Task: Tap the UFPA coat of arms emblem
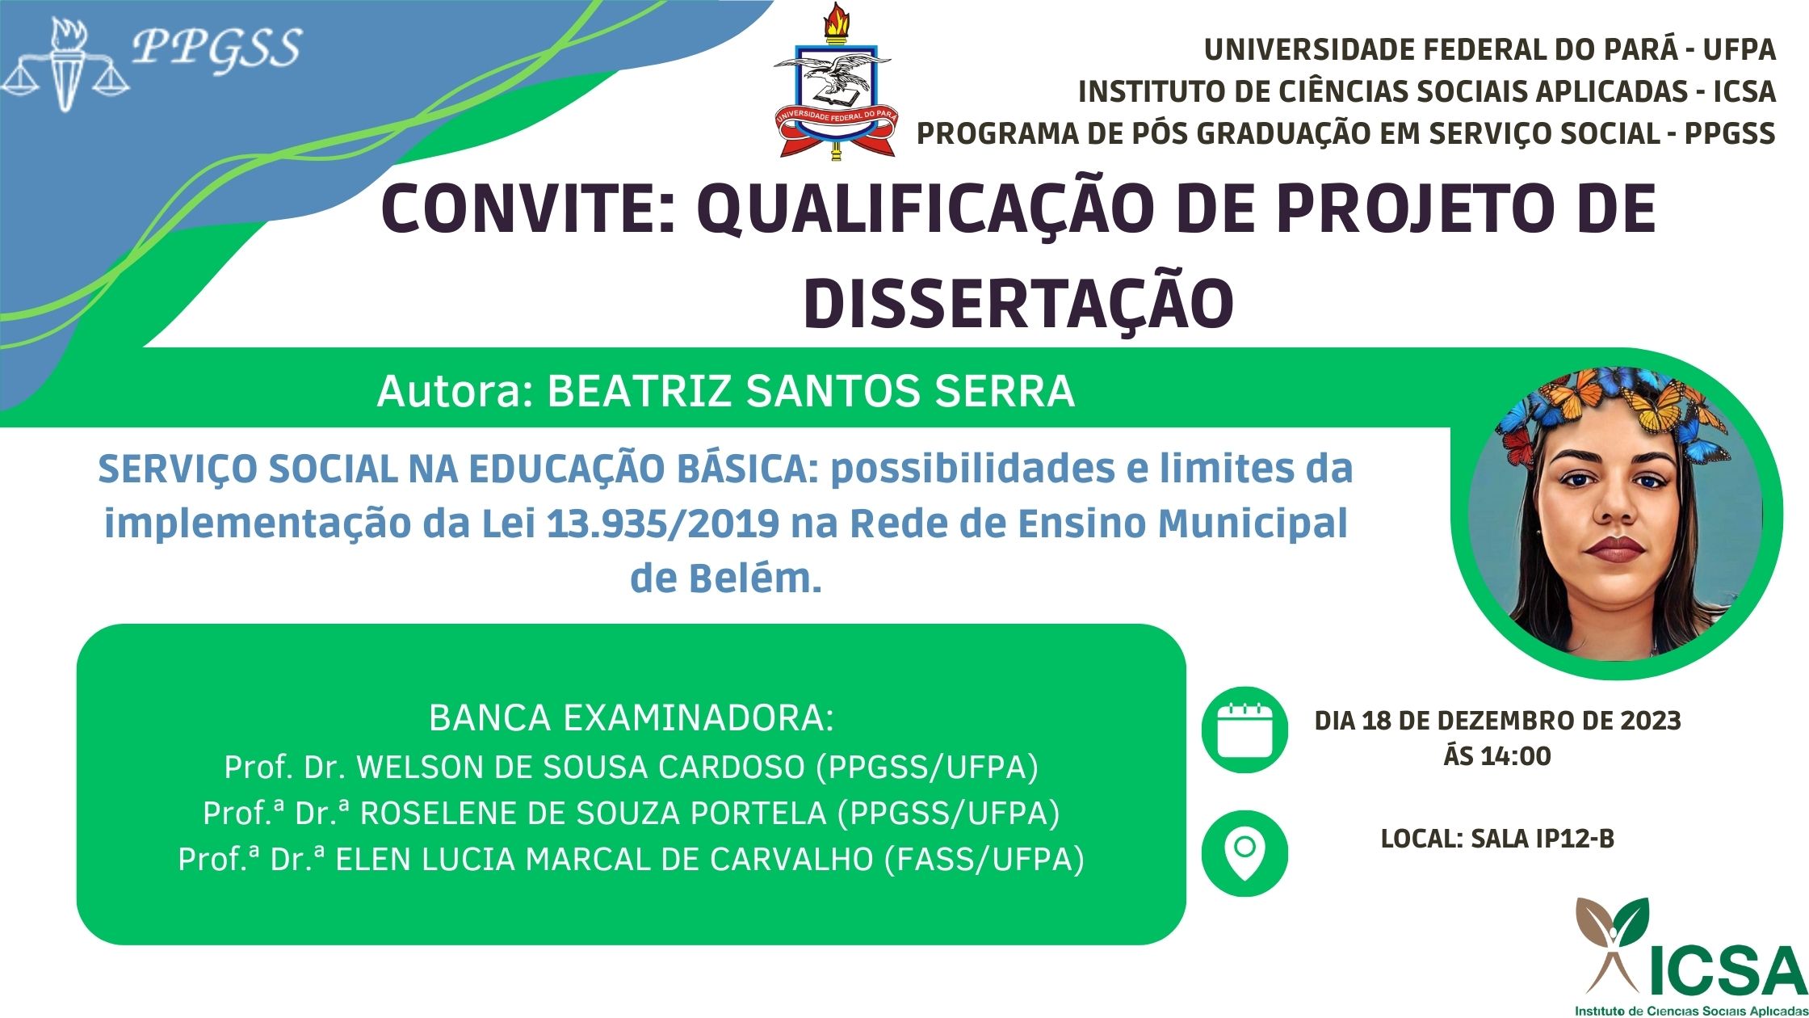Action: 833,81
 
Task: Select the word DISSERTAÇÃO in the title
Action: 1018,304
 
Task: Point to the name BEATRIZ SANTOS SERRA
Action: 811,391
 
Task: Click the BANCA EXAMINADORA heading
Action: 631,718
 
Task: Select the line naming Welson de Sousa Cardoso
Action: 631,767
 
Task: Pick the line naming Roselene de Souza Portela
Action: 631,813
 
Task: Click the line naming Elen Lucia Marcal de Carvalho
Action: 631,859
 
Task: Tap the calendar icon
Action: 1244,730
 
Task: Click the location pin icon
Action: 1244,853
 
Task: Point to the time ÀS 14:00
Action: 1497,756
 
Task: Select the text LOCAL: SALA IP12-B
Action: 1497,839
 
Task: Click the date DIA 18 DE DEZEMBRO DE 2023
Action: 1497,720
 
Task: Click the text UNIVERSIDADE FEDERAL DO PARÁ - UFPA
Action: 1489,50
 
